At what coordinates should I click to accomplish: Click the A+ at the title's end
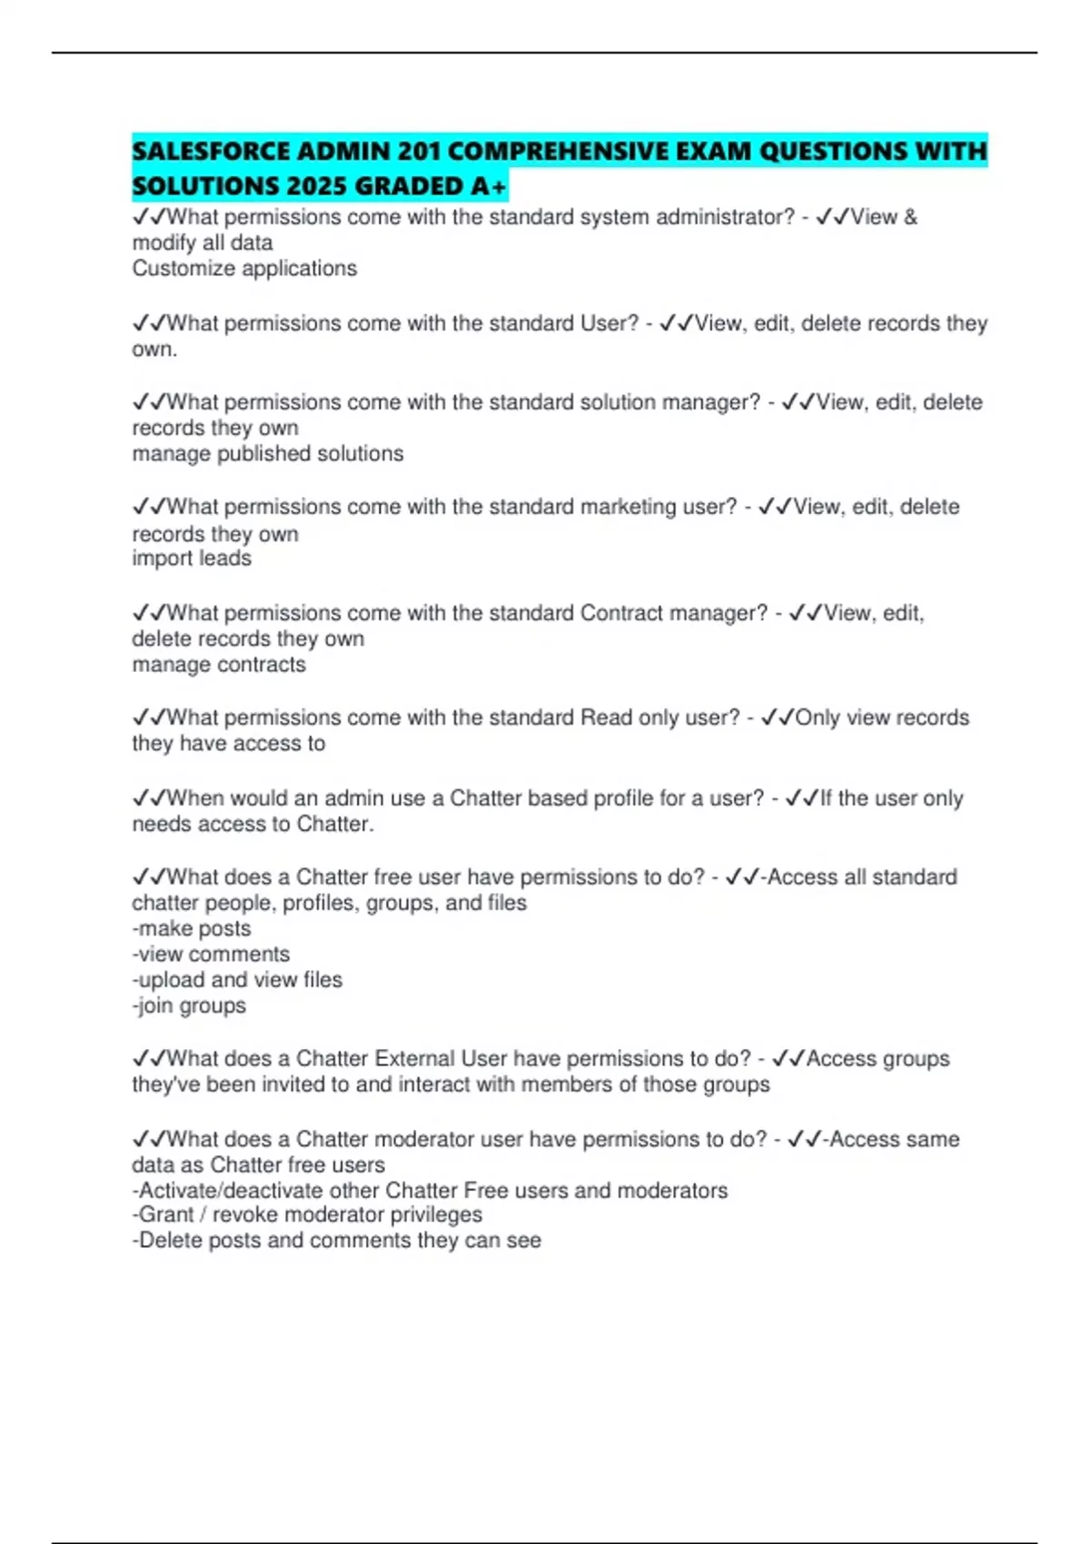tap(489, 186)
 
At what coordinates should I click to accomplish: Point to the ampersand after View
tap(910, 217)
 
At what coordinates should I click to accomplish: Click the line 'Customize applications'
tap(244, 269)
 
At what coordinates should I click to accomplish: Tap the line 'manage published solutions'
tap(268, 454)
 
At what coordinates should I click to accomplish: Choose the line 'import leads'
tap(192, 559)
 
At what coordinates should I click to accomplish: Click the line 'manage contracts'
tap(219, 665)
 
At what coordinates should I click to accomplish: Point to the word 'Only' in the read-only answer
tap(817, 718)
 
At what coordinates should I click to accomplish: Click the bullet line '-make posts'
tap(192, 929)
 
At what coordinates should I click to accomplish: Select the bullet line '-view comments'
tap(211, 955)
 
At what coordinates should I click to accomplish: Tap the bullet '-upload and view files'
tap(237, 980)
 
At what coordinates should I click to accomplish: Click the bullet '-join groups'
tap(189, 1006)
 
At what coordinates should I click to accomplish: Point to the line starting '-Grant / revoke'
tap(307, 1215)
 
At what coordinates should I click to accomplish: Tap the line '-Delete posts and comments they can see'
tap(336, 1241)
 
